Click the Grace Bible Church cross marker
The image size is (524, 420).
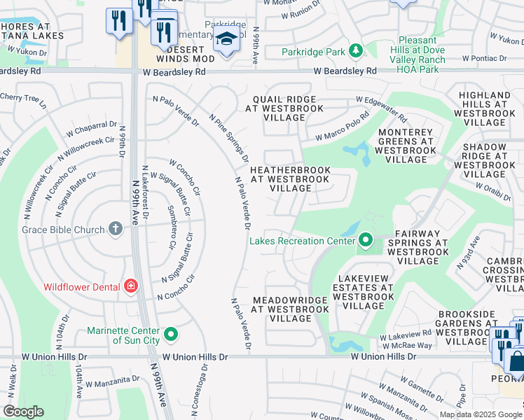[x=116, y=229]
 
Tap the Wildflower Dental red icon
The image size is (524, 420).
[x=130, y=286]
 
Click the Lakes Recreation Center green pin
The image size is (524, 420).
[x=365, y=241]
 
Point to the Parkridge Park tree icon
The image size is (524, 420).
[x=356, y=51]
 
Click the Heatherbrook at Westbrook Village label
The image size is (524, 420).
[x=290, y=179]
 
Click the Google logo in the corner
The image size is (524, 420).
[x=24, y=412]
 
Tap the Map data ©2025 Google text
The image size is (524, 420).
[x=481, y=414]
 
